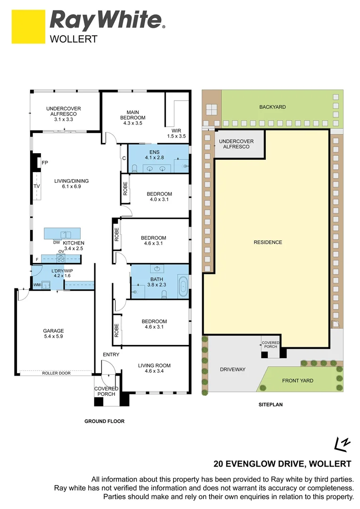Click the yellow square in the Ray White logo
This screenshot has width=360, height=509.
[28, 26]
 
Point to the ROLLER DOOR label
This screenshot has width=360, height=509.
[56, 373]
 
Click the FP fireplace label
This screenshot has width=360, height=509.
[45, 163]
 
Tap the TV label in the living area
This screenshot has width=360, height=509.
[37, 186]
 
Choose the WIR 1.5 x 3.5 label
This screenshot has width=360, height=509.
[177, 133]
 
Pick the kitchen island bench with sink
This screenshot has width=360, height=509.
[62, 234]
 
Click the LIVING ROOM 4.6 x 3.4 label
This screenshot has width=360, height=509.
[154, 368]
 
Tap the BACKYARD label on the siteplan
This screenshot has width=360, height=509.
[272, 107]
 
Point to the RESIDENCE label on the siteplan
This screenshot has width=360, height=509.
[268, 242]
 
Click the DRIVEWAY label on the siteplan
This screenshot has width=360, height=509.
[233, 369]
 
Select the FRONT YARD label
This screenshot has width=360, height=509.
[297, 381]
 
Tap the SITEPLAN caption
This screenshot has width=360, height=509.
[271, 404]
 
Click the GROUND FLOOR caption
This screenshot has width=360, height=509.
[104, 421]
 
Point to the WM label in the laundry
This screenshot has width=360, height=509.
[37, 285]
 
